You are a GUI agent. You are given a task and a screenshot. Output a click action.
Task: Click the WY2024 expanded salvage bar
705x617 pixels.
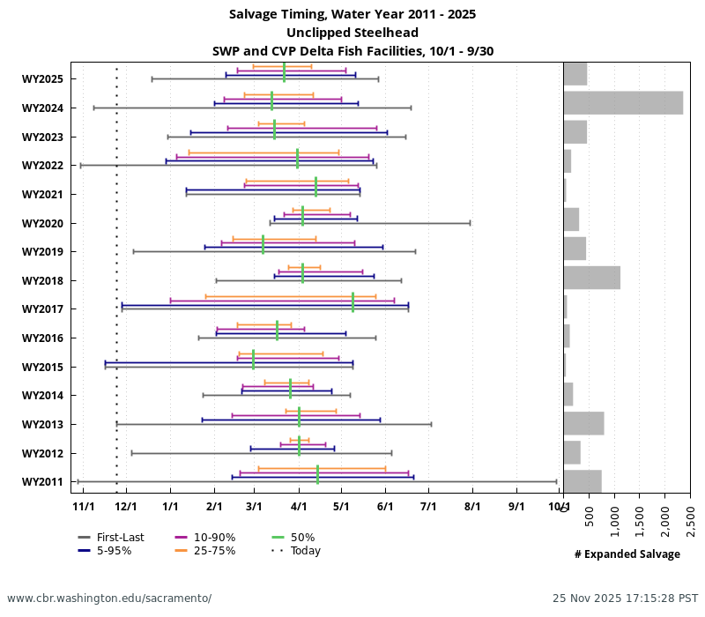[x=623, y=103]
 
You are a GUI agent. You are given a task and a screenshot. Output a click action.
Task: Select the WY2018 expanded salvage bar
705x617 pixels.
[x=591, y=278]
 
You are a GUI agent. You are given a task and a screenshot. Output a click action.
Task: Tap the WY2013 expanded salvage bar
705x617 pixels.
[x=583, y=423]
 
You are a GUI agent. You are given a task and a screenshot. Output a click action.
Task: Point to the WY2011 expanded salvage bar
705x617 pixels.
[x=583, y=481]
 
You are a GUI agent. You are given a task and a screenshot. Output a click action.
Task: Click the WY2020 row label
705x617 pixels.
[x=42, y=223]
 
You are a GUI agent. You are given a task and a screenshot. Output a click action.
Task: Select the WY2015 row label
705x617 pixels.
[x=42, y=367]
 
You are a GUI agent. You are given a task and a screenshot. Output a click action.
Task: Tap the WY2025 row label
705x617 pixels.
[x=42, y=79]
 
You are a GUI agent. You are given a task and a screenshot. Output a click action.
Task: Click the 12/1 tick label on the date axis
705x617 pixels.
[x=127, y=507]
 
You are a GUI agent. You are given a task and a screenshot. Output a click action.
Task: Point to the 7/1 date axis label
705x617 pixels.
[x=429, y=507]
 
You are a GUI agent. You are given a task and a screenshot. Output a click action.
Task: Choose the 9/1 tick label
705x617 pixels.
[x=516, y=507]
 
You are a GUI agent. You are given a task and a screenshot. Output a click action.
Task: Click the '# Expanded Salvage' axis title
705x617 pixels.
[x=627, y=554]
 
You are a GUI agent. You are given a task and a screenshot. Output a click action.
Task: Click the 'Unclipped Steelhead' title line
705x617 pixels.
[x=352, y=33]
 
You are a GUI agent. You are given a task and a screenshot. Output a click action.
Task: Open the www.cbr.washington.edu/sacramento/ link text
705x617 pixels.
[x=109, y=598]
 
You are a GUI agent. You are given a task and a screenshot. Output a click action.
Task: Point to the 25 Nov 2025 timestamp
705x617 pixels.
[x=625, y=598]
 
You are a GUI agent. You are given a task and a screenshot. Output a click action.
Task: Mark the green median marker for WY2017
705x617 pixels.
[x=352, y=302]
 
